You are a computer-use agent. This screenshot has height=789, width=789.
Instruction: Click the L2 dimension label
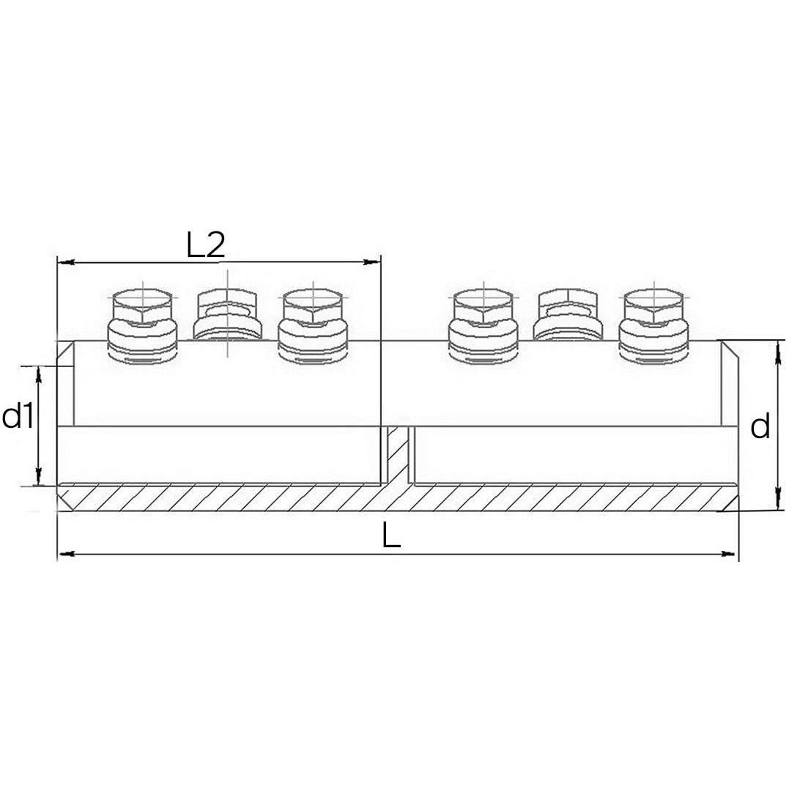205,245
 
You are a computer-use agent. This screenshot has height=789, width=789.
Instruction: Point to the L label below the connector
391,536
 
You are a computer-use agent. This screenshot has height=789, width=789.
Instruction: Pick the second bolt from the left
228,315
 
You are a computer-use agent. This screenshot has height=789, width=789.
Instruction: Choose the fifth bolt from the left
568,315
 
